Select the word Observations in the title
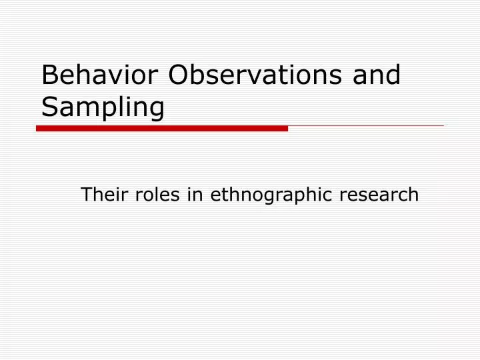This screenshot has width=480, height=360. click(x=257, y=75)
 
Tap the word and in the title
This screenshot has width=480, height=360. click(x=379, y=75)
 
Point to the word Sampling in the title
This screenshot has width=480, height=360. click(x=103, y=108)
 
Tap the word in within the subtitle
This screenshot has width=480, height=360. click(x=191, y=195)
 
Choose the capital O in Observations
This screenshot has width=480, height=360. click(x=179, y=75)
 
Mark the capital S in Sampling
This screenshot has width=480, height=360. click(x=49, y=107)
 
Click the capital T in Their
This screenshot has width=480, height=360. click(x=86, y=195)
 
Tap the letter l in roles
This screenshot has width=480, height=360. click(x=151, y=194)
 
